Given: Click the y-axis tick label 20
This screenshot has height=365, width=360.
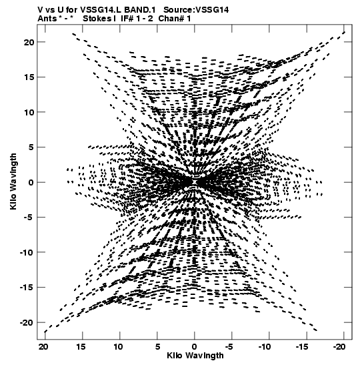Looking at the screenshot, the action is (x=29, y=42).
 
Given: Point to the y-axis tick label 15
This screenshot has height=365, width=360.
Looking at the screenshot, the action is (x=29, y=77).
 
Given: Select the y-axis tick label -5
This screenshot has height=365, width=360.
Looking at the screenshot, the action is (x=29, y=217).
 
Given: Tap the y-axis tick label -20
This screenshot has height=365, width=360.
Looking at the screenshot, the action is (x=27, y=322).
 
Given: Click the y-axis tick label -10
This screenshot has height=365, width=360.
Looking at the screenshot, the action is (x=27, y=252).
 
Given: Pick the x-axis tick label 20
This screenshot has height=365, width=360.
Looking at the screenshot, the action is (x=43, y=347).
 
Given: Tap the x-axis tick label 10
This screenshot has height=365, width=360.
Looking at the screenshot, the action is (x=118, y=347).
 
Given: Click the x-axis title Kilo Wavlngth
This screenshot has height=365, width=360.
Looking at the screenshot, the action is (x=195, y=356).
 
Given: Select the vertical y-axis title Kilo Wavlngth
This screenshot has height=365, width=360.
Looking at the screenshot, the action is (x=13, y=181).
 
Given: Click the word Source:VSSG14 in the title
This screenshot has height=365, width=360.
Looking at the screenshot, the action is (x=196, y=10).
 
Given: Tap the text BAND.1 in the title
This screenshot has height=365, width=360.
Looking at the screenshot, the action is (x=140, y=10).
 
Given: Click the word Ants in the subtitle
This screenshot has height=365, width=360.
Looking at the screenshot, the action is (x=47, y=19).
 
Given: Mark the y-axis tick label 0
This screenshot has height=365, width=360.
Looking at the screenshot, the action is (x=31, y=182).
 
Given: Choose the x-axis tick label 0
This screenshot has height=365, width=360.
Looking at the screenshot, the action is (x=195, y=347).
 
